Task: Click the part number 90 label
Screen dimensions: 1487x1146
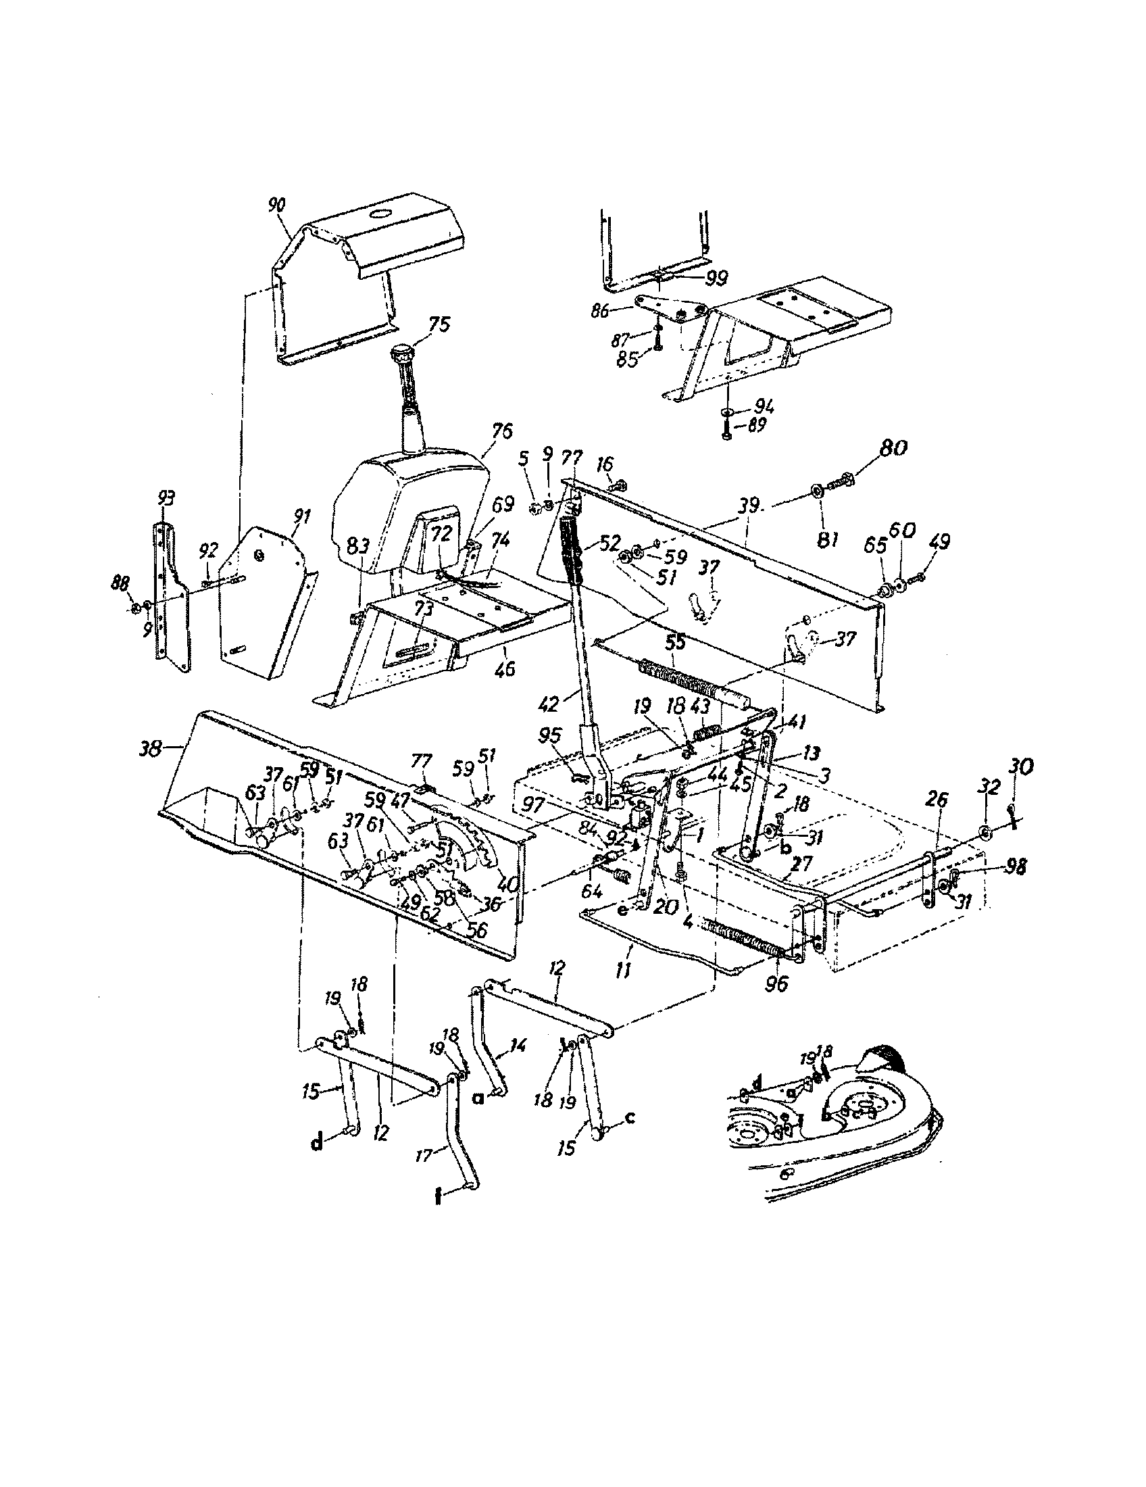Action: (x=277, y=205)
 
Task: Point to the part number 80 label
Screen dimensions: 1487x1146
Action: (x=893, y=449)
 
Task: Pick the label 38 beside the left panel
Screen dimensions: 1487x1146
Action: (x=151, y=749)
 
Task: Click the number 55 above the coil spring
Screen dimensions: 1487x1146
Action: (x=676, y=641)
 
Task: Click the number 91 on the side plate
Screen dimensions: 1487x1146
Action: (x=300, y=517)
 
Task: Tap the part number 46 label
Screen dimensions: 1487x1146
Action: (x=505, y=669)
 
